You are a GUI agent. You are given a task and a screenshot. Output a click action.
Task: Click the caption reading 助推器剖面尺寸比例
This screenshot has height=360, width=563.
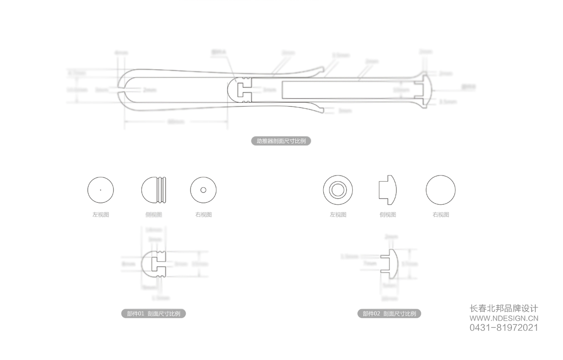pyautogui.click(x=281, y=141)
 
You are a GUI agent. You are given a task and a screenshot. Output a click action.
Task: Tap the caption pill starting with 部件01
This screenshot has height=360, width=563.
pyautogui.click(x=154, y=314)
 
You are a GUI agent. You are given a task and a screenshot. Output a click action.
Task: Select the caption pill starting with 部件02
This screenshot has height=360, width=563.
pyautogui.click(x=389, y=314)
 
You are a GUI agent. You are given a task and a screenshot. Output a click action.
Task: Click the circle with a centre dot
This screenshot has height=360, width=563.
pyautogui.click(x=100, y=190)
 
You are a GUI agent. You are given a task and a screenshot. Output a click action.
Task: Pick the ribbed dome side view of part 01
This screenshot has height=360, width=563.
pyautogui.click(x=153, y=190)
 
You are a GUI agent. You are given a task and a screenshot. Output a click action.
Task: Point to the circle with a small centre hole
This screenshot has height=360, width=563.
pyautogui.click(x=203, y=190)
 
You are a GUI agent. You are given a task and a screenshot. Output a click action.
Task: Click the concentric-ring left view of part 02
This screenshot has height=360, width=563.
pyautogui.click(x=338, y=190)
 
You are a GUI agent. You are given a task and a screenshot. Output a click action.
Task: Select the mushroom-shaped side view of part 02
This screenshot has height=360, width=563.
pyautogui.click(x=388, y=190)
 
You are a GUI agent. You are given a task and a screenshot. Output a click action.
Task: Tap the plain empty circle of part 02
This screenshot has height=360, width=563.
pyautogui.click(x=441, y=190)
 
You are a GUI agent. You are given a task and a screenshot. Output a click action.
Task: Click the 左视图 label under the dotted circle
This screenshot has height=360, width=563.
pyautogui.click(x=100, y=214)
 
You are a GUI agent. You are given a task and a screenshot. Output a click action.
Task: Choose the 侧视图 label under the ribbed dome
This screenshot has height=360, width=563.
pyautogui.click(x=153, y=214)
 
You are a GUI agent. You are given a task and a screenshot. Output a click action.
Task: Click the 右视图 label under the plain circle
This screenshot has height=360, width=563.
pyautogui.click(x=441, y=214)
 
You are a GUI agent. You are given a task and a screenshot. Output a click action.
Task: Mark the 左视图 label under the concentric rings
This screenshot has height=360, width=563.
pyautogui.click(x=338, y=214)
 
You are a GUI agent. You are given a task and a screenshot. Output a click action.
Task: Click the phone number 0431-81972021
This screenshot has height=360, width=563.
pyautogui.click(x=504, y=328)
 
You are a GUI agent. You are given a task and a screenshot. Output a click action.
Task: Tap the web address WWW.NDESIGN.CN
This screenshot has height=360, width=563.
pyautogui.click(x=504, y=318)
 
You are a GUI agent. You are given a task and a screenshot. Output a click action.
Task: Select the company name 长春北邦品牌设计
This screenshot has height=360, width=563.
pyautogui.click(x=504, y=308)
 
